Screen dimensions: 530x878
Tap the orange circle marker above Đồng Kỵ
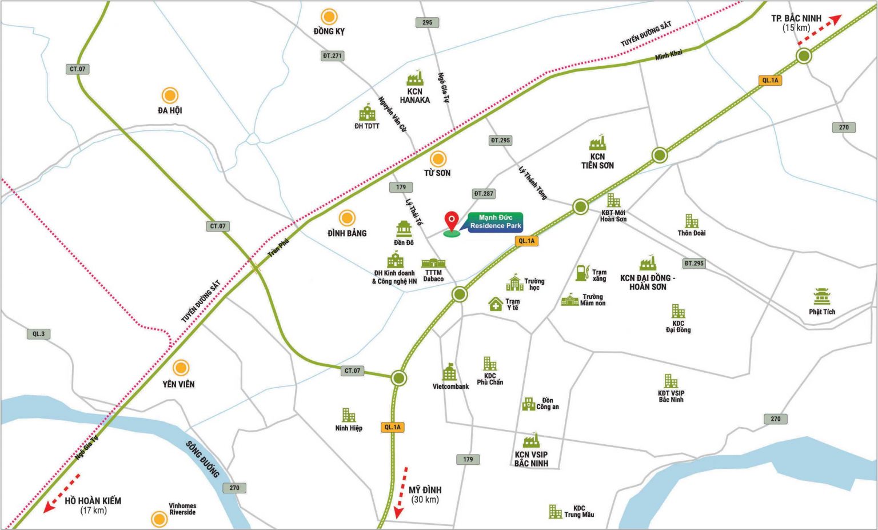click(x=329, y=17)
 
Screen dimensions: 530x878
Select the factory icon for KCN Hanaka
click(x=415, y=78)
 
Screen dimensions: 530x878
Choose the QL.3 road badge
click(x=38, y=334)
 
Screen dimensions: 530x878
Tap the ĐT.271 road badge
click(x=332, y=56)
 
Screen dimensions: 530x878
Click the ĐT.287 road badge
click(x=484, y=194)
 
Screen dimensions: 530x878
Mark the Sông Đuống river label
click(x=202, y=459)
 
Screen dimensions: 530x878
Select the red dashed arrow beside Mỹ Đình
click(x=401, y=492)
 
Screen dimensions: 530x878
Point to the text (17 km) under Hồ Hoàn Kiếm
click(x=93, y=511)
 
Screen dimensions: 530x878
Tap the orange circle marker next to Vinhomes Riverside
click(x=159, y=519)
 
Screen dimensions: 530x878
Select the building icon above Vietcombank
click(x=450, y=372)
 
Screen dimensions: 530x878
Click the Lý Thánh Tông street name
click(x=533, y=183)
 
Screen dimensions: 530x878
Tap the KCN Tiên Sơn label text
click(x=597, y=161)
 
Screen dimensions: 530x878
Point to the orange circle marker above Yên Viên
click(x=181, y=368)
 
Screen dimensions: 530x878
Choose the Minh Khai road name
click(x=669, y=55)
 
